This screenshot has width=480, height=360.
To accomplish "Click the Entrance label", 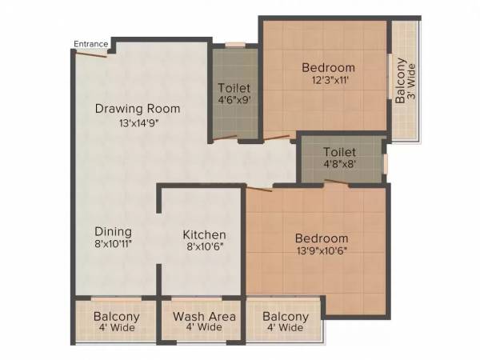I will tap(90, 44).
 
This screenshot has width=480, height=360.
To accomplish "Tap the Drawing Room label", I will tap(138, 108).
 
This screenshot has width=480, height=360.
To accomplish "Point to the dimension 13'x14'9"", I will tap(138, 123).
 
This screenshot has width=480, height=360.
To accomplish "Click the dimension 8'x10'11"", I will tap(112, 245).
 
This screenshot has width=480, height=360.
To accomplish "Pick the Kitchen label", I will tap(204, 235).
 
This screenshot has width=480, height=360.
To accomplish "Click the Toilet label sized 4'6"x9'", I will tap(234, 88).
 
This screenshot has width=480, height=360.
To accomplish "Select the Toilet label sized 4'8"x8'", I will tap(339, 151).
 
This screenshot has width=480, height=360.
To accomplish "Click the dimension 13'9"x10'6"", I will tap(321, 251).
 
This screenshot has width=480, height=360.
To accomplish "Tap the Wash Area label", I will tap(204, 317).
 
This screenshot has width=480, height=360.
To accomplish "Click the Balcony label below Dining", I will tap(117, 317).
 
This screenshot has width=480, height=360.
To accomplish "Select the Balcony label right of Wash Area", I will tap(286, 317).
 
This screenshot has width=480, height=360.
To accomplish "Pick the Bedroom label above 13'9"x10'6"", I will tap(321, 238).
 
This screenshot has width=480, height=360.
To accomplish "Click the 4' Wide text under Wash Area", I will tap(204, 328).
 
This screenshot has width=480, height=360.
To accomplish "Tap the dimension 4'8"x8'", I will tap(339, 165).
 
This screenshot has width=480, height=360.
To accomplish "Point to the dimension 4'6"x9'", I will tap(234, 102).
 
